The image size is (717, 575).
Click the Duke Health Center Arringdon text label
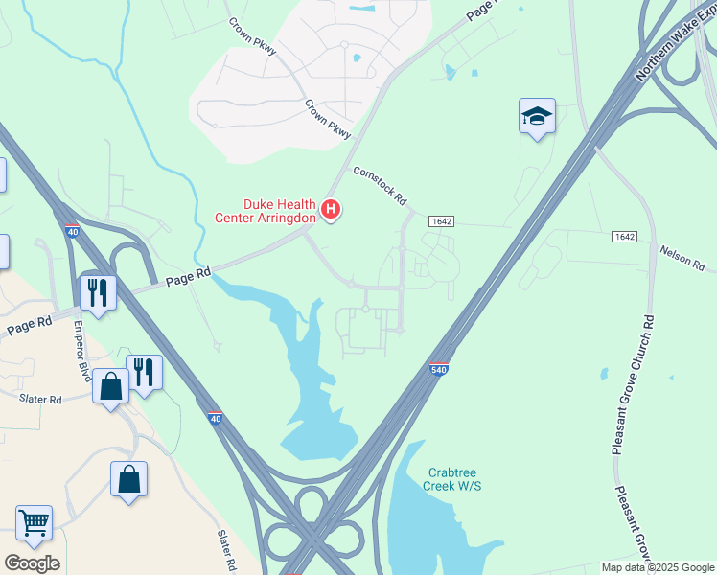(x=277, y=211)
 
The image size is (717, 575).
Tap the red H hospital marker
(x=331, y=208)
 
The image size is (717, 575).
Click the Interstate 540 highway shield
(x=437, y=369)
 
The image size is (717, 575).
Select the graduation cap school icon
(x=537, y=117)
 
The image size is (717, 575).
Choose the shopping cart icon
(x=34, y=522)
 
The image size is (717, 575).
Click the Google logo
(x=32, y=563)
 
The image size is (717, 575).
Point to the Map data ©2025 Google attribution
(x=658, y=567)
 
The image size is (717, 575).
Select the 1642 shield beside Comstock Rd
(x=441, y=220)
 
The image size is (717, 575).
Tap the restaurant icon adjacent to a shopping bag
(x=144, y=371)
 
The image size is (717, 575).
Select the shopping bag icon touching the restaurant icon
(x=111, y=386)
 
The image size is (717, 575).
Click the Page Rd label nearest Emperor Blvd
(x=29, y=325)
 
